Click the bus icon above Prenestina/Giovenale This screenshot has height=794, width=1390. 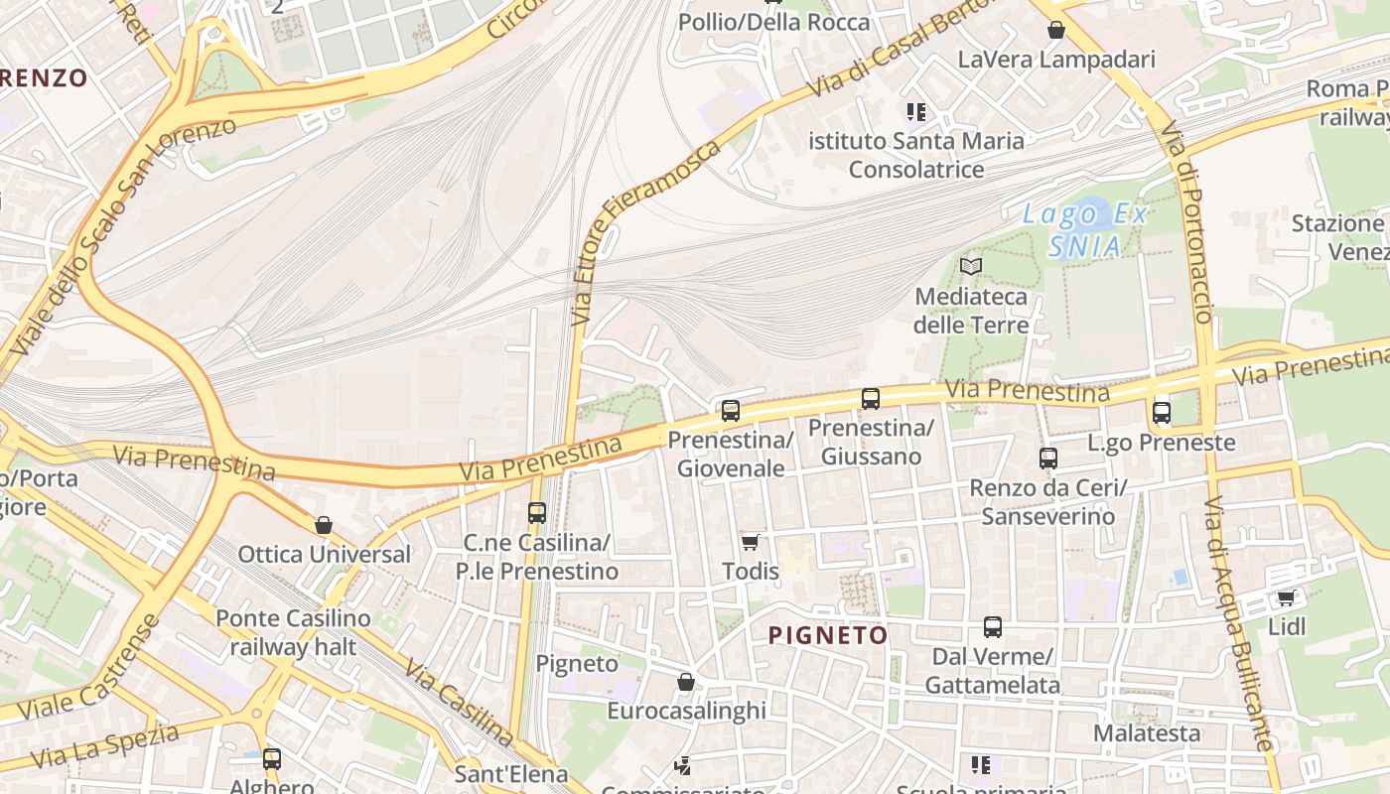pos(731,410)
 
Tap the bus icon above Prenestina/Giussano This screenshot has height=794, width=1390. pos(871,399)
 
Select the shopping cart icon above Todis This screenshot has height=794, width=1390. pos(751,542)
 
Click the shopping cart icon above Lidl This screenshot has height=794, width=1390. pos(1287,597)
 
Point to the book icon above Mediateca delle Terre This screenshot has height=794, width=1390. pos(971,266)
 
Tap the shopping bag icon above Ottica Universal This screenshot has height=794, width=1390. pos(324,525)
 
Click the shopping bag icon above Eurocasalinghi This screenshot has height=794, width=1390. pos(686,682)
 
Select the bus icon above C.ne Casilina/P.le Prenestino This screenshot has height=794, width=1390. pos(537,513)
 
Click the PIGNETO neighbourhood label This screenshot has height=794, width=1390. pos(828,635)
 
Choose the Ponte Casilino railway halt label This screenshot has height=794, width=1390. pos(293,633)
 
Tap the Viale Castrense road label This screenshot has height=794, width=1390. pos(88,669)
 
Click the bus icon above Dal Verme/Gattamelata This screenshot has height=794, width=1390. pos(993,627)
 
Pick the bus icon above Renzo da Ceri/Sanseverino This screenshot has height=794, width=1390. pos(1048,459)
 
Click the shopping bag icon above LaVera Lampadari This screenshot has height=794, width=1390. pos(1056,31)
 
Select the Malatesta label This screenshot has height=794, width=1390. pos(1147,733)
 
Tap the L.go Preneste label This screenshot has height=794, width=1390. pos(1162,443)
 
